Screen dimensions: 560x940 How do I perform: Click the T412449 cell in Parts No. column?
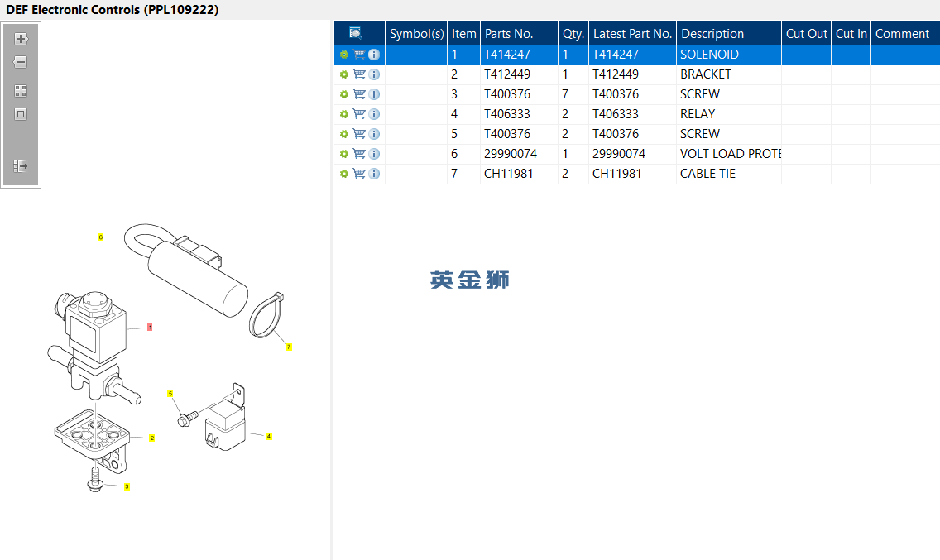coord(507,74)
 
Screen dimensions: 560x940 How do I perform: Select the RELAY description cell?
coord(698,114)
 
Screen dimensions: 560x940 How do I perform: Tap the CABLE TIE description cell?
coord(707,174)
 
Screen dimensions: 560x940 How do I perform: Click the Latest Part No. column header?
coord(632,34)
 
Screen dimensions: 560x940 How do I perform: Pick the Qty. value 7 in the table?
coord(565,94)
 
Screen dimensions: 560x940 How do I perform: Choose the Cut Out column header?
coord(806,34)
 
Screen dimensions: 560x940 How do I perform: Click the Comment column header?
coord(902,34)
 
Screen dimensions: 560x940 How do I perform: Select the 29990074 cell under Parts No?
coord(511,154)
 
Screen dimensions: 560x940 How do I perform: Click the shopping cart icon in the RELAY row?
coord(359,114)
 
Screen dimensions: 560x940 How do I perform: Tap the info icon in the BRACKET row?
coord(374,74)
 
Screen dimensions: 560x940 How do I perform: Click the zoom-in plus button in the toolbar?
coord(21,39)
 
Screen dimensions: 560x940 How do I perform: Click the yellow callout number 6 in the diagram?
coord(101,237)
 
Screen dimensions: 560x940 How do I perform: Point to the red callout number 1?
coord(150,328)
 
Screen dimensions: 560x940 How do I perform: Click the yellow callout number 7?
coord(289,347)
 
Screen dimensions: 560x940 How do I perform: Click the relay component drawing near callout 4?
coord(225,423)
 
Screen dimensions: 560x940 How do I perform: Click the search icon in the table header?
coord(356,33)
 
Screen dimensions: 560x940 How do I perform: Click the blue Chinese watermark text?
coord(470,280)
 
